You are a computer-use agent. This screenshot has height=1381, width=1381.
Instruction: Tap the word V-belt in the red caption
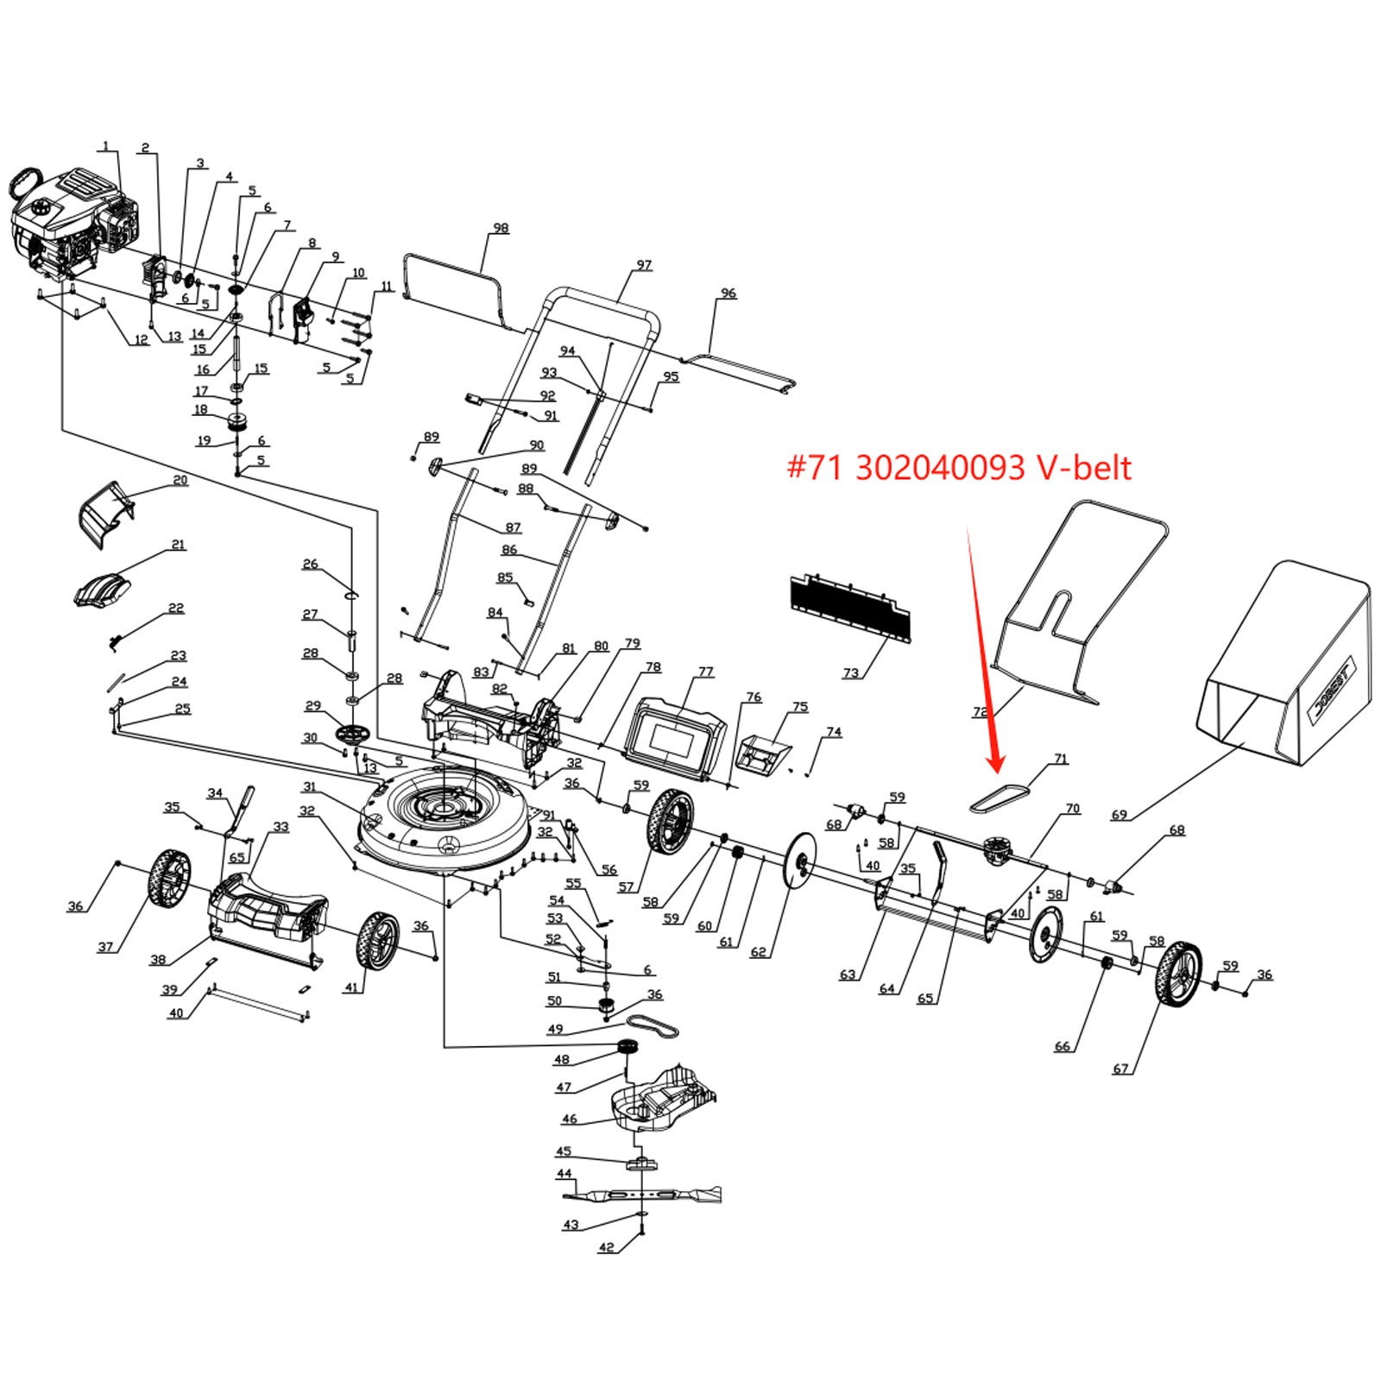point(1083,467)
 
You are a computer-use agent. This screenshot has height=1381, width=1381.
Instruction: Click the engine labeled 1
point(73,220)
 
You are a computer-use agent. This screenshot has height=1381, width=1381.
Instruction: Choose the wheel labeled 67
point(1177,974)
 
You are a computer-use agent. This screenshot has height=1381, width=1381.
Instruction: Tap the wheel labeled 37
point(168,879)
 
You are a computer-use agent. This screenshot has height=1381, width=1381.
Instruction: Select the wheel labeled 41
point(377,940)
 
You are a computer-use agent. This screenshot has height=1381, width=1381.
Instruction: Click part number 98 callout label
point(501,229)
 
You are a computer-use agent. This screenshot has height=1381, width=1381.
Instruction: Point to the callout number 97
point(644,265)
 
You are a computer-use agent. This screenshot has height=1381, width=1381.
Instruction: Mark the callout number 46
point(570,1119)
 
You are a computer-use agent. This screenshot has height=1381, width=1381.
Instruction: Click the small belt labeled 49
point(653,1026)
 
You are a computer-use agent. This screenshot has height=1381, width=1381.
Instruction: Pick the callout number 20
point(180,480)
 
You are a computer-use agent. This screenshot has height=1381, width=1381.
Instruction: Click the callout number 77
point(706,672)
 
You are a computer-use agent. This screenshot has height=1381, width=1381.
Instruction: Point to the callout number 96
point(728,293)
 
